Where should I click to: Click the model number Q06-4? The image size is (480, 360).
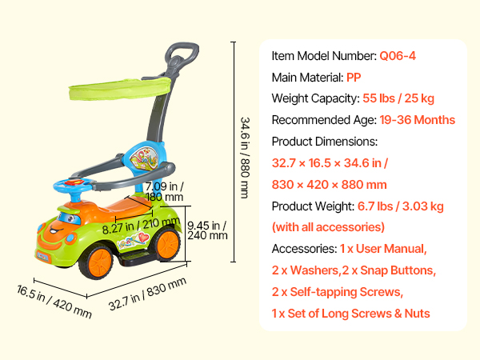coord(398,56)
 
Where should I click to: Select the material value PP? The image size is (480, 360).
coord(354,78)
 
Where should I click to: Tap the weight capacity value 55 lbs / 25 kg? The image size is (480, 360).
coord(398,98)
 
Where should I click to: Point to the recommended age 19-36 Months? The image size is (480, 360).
coord(418,120)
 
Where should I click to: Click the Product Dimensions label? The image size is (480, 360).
coord(325,142)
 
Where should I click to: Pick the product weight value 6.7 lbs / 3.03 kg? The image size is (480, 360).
coord(401,206)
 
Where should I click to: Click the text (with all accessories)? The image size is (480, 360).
coord(328,227)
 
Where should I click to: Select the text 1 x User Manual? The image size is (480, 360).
coord(383,249)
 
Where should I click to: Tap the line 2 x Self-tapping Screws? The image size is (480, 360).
coord(338,292)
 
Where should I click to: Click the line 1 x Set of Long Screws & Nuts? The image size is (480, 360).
coord(351,314)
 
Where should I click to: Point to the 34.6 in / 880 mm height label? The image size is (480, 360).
coord(245,158)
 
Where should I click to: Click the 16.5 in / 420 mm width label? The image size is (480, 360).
coord(54,302)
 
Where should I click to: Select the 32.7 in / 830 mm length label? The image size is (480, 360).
coord(147,294)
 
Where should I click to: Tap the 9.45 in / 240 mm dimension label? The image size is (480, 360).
coord(207,230)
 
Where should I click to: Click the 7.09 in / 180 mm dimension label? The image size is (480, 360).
coord(164,192)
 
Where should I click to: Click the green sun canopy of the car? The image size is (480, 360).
coord(120,89)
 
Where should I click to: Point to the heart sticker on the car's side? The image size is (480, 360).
coord(143,238)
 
